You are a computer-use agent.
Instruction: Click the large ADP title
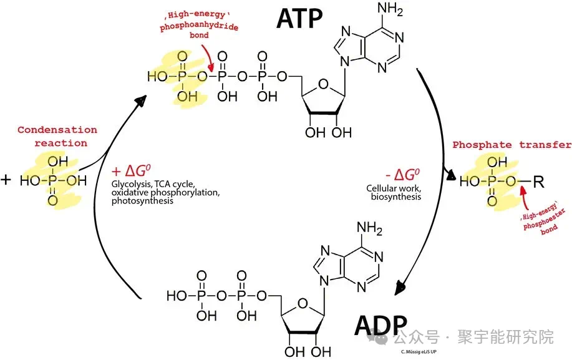[x=381, y=326]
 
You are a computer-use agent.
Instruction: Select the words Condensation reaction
[x=57, y=136]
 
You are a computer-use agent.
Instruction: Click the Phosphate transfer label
[x=511, y=145]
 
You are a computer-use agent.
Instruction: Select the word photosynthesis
[x=142, y=201]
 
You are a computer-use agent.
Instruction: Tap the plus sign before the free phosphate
[x=6, y=180]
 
